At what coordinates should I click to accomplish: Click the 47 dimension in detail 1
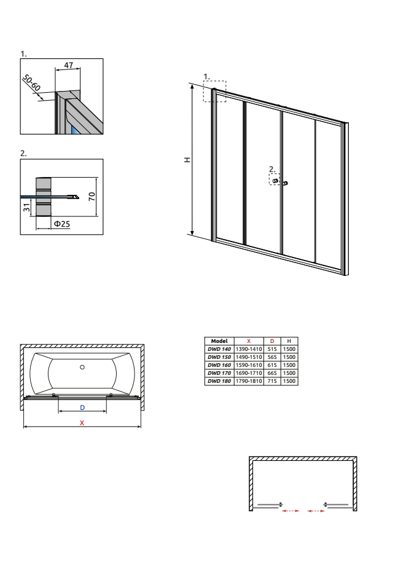(68, 65)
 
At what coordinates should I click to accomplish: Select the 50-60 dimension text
(31, 83)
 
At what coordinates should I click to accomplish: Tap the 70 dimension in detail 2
(92, 196)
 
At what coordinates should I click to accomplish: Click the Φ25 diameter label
(62, 224)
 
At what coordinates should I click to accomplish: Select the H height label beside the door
(187, 160)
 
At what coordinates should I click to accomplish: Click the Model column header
(219, 341)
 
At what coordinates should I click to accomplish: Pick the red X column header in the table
(249, 341)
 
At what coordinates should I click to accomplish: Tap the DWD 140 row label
(219, 349)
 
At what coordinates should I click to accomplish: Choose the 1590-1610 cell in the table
(249, 365)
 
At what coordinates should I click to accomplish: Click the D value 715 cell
(272, 381)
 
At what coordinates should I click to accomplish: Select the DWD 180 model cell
(219, 381)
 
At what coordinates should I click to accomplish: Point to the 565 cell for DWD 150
(272, 357)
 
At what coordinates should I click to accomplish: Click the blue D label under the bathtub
(82, 407)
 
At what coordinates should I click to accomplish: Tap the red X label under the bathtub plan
(82, 423)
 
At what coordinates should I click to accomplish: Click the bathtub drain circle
(82, 367)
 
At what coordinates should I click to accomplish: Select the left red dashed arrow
(291, 511)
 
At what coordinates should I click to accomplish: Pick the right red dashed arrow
(316, 511)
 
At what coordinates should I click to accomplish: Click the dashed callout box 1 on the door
(215, 91)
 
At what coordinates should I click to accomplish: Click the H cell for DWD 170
(289, 373)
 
